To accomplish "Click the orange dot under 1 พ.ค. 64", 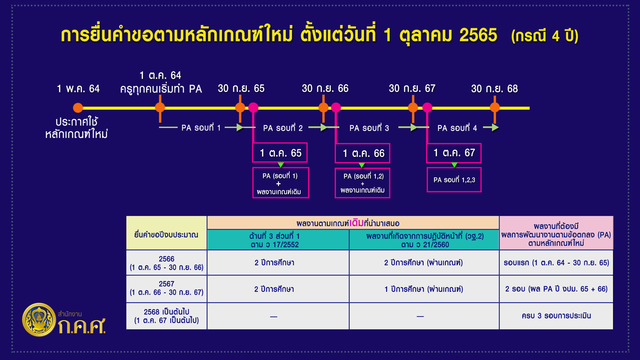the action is click(x=78, y=108).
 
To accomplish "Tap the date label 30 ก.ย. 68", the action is click(x=494, y=89).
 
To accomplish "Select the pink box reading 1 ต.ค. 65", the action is click(x=280, y=153).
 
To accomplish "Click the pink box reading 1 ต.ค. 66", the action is click(x=363, y=153).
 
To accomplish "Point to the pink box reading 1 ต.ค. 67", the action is click(x=454, y=153).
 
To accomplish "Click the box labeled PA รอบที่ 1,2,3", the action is click(x=454, y=180).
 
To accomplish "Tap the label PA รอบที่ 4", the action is click(x=457, y=128).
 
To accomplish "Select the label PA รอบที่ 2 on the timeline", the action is click(x=283, y=128).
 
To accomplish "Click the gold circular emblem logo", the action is click(x=39, y=319).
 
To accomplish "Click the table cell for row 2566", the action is click(x=166, y=263).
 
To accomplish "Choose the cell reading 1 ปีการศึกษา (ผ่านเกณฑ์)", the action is click(x=424, y=289).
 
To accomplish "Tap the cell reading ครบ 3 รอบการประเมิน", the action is click(x=556, y=316).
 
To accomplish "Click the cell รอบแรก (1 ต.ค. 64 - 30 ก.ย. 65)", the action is click(x=556, y=263).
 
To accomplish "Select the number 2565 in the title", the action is click(x=478, y=35).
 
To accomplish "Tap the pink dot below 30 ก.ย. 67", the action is click(x=427, y=107).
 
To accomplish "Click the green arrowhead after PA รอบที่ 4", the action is click(x=495, y=127).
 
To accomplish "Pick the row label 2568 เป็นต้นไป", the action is click(x=166, y=316).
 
